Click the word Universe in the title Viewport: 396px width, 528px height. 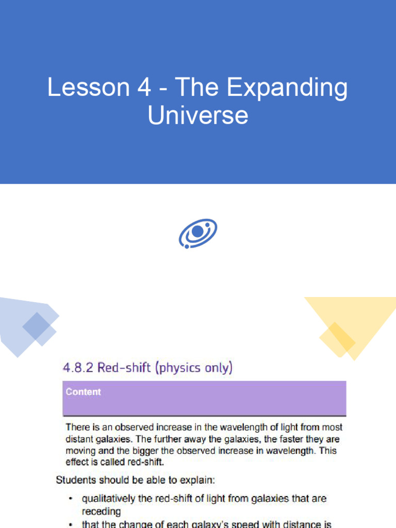198,115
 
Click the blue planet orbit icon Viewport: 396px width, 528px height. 198,234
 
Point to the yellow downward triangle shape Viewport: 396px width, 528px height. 356,320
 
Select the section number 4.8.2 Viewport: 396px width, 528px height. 77,368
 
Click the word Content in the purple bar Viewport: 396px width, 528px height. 83,392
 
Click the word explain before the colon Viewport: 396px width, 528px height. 197,480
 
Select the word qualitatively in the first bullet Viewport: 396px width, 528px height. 110,499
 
